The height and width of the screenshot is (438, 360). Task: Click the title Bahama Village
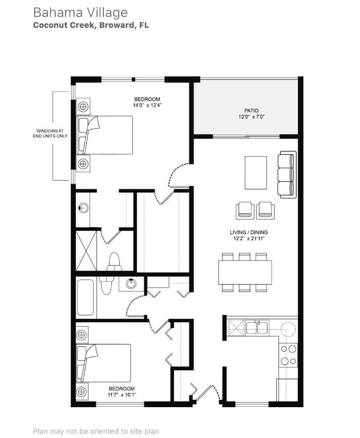(x=80, y=12)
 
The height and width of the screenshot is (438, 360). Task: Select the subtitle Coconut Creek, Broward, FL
(x=91, y=26)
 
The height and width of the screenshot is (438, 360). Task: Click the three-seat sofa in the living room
(x=287, y=174)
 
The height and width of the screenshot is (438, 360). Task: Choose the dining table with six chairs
(x=245, y=272)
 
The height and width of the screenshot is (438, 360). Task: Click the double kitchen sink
(x=257, y=327)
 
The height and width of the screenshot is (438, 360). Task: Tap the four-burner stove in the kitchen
(x=289, y=355)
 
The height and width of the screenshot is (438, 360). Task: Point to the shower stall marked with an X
(x=87, y=250)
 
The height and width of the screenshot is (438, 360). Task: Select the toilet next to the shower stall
(x=114, y=261)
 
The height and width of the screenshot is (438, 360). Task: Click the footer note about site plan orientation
(x=96, y=432)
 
